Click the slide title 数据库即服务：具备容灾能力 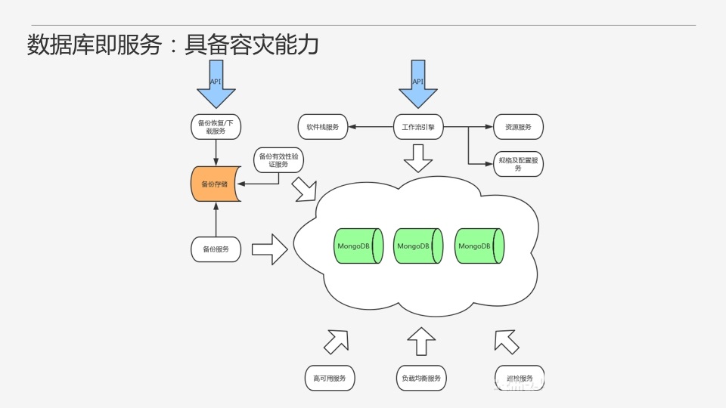pyautogui.click(x=172, y=45)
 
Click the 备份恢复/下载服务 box pyautogui.click(x=216, y=126)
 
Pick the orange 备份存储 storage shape pyautogui.click(x=216, y=184)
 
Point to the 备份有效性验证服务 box pyautogui.click(x=278, y=160)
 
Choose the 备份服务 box pyautogui.click(x=216, y=249)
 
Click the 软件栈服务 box pyautogui.click(x=323, y=127)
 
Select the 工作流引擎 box pyautogui.click(x=418, y=127)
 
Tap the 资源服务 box pyautogui.click(x=518, y=127)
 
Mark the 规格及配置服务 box pyautogui.click(x=518, y=164)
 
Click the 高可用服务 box pyautogui.click(x=329, y=378)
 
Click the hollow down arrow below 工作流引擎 pyautogui.click(x=417, y=156)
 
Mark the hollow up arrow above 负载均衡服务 pyautogui.click(x=421, y=341)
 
